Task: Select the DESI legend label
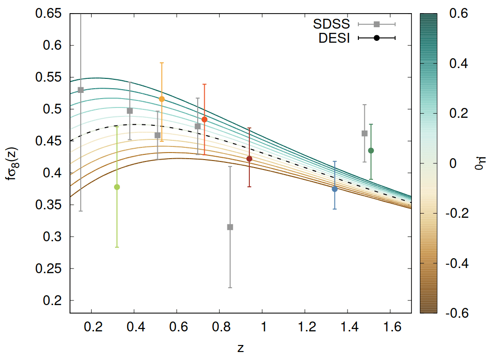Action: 334,38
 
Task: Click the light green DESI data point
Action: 117,187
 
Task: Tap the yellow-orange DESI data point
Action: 162,99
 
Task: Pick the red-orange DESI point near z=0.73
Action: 204,119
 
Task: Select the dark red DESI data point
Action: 249,159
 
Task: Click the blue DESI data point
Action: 335,189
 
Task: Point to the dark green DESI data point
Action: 371,150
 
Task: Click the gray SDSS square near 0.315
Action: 230,227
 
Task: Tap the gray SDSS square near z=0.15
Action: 81,90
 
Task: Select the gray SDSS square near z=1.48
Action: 364,133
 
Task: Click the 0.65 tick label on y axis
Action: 49,14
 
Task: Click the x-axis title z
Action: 240,348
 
